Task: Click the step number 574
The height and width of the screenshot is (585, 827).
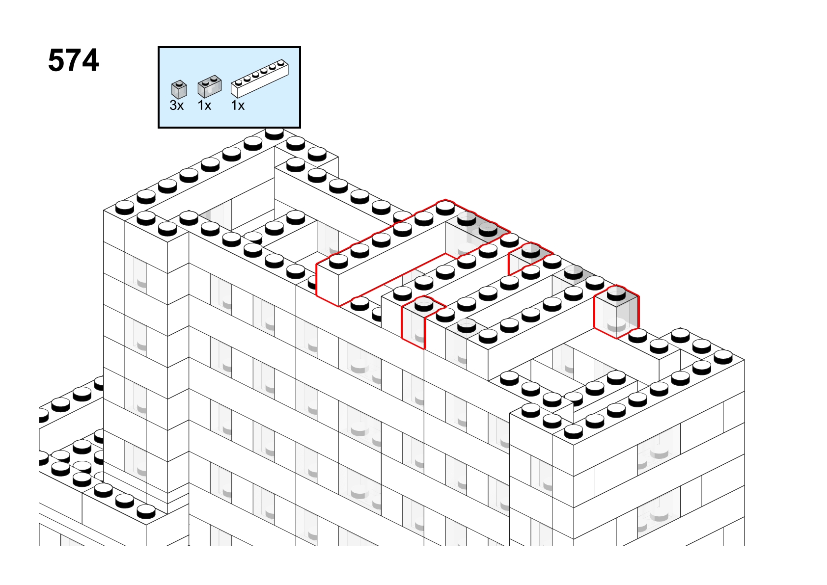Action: coord(74,60)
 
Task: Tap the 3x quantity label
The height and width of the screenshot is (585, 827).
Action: coord(176,106)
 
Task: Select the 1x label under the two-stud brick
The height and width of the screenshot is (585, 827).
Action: coord(204,106)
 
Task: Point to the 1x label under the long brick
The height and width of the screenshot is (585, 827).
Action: coord(238,106)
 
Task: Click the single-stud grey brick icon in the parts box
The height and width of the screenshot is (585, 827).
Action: coord(179,89)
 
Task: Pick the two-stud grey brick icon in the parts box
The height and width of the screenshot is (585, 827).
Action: coord(209,87)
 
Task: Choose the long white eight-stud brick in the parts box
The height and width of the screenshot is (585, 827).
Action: coord(260,79)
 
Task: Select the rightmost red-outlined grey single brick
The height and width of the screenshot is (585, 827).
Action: coord(616,312)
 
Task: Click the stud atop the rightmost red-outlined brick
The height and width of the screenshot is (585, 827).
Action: coord(616,293)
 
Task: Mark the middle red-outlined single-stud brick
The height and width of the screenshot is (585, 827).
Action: coord(530,258)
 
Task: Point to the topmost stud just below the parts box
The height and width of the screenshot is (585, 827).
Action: coord(275,133)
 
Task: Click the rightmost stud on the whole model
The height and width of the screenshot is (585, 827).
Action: coord(723,357)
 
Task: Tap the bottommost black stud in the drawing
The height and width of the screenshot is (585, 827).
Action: coord(146,511)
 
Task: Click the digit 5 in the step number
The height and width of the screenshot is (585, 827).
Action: coord(56,60)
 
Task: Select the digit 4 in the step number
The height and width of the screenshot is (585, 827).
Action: coord(90,60)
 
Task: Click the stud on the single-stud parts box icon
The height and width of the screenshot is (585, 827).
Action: coord(179,83)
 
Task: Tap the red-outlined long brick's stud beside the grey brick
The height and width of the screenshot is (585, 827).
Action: coord(445,209)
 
